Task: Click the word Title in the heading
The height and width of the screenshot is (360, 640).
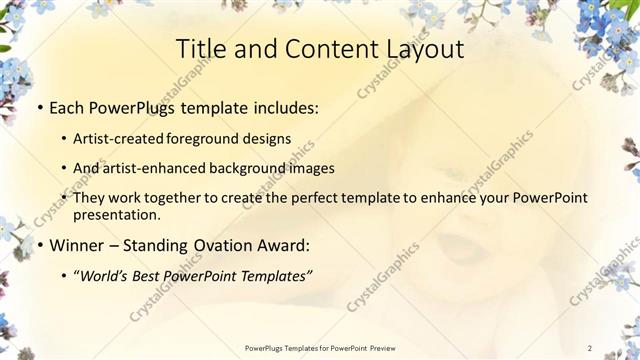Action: (198, 50)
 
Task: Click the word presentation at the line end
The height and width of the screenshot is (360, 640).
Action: (116, 214)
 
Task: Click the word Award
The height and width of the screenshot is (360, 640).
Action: (283, 245)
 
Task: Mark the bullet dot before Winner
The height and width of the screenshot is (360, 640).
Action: (39, 245)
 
